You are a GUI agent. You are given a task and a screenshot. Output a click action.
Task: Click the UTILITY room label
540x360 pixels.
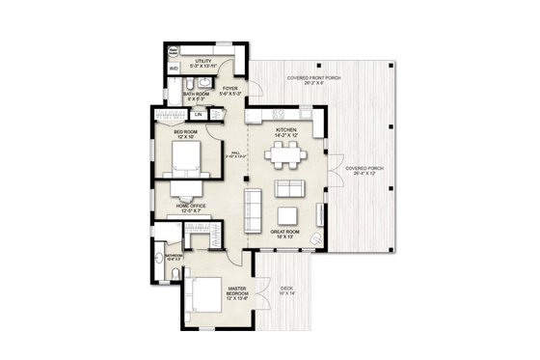pyautogui.click(x=203, y=62)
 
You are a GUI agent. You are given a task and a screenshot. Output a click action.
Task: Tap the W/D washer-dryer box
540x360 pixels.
pyautogui.click(x=174, y=69)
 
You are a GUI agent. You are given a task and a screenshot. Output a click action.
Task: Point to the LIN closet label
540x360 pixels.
pyautogui.click(x=198, y=115)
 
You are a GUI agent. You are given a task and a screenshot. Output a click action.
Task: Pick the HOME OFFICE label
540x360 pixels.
pyautogui.click(x=189, y=205)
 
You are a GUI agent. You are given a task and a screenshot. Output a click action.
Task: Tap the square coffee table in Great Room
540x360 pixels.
pyautogui.click(x=288, y=214)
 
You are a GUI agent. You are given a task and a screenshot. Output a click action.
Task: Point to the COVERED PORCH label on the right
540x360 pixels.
pyautogui.click(x=364, y=168)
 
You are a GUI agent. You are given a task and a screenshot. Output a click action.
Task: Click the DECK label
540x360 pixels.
pyautogui.click(x=286, y=289)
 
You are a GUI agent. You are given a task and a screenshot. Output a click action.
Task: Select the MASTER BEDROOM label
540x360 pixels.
pyautogui.click(x=238, y=291)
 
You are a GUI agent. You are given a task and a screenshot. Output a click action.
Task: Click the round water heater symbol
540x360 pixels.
pyautogui.click(x=175, y=51)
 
